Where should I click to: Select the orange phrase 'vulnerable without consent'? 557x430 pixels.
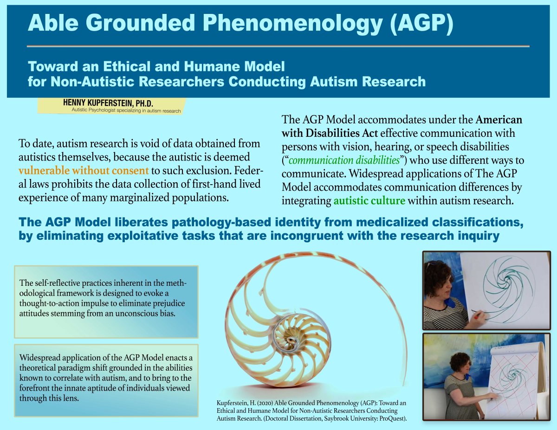click(84, 170)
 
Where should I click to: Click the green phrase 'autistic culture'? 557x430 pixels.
click(369, 201)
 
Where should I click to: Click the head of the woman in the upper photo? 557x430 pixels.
click(438, 278)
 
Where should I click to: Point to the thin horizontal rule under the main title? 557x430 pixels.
click(278, 46)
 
